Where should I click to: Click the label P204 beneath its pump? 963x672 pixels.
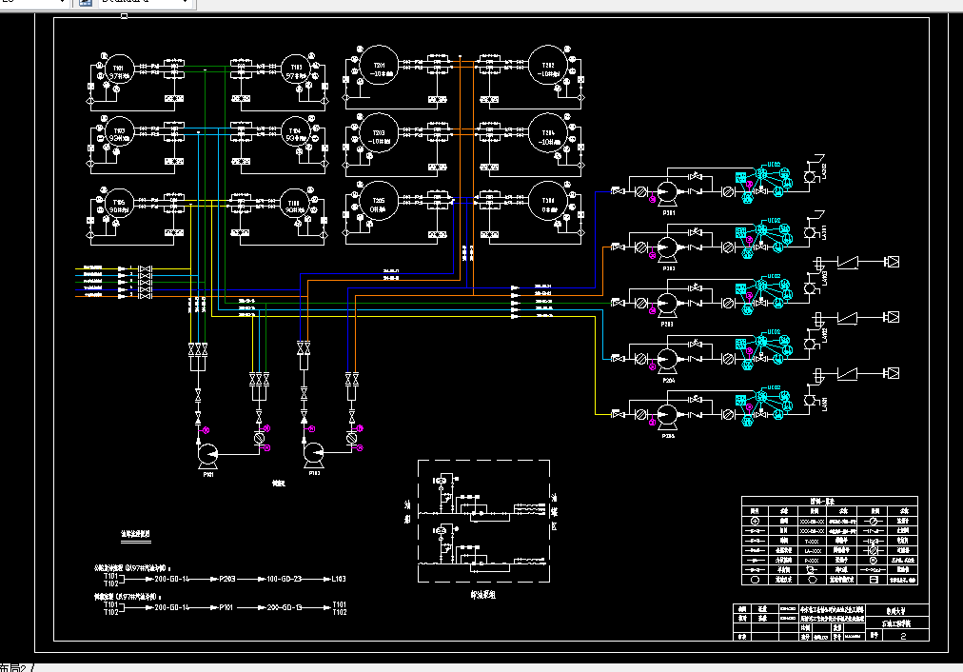pos(668,378)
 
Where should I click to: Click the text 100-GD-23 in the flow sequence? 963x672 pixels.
pos(284,578)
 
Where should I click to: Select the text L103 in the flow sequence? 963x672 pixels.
pos(339,578)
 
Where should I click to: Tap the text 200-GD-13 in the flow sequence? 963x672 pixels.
pos(284,605)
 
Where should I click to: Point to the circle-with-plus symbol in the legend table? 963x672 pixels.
pos(756,522)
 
